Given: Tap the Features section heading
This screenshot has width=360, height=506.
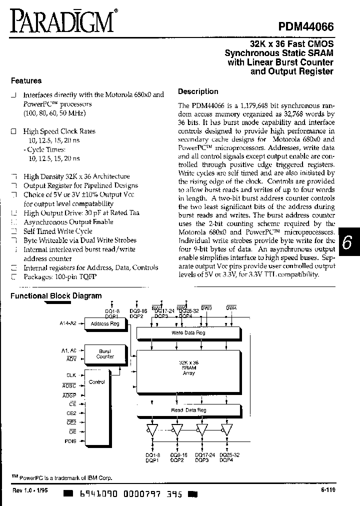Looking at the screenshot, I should (26, 80).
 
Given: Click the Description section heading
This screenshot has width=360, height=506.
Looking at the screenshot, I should (198, 91).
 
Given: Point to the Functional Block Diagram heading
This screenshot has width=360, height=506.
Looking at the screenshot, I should (56, 296).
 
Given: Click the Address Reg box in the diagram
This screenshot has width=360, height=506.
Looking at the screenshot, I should (104, 324).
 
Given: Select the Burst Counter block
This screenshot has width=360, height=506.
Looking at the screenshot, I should (104, 354).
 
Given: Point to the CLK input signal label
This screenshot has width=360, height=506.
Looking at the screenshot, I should (71, 374).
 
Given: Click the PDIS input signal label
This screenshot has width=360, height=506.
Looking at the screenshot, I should (70, 441).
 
